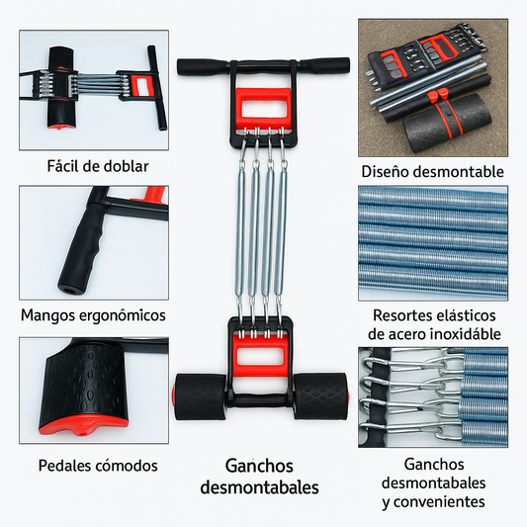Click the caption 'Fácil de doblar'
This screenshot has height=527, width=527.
pyautogui.click(x=98, y=166)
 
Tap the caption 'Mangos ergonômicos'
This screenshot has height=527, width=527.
pyautogui.click(x=93, y=315)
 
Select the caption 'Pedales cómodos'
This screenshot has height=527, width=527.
pyautogui.click(x=98, y=466)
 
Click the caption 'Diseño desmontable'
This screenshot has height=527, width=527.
pyautogui.click(x=432, y=172)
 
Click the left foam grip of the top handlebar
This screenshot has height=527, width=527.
pyautogui.click(x=203, y=67)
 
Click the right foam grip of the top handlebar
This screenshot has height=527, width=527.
pyautogui.click(x=324, y=65)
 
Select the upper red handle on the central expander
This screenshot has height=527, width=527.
pyautogui.click(x=263, y=108)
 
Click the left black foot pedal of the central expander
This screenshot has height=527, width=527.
pyautogui.click(x=200, y=396)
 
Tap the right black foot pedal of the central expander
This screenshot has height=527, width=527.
pyautogui.click(x=320, y=395)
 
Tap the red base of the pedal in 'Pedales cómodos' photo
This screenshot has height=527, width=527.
pyautogui.click(x=83, y=425)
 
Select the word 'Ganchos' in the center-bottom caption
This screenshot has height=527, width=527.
pyautogui.click(x=259, y=466)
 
